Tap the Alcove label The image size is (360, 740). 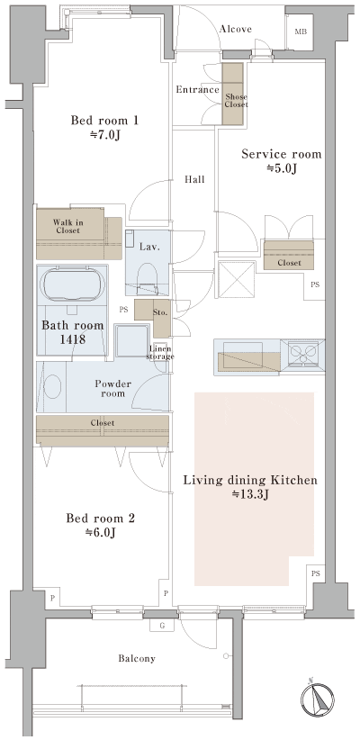click(235, 30)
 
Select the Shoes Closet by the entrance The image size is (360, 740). click(235, 87)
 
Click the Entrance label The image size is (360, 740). click(197, 89)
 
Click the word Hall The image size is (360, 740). click(194, 180)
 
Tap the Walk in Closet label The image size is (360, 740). click(68, 226)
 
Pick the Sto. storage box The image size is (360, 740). click(161, 312)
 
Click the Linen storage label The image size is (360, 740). click(161, 353)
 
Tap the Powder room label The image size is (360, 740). click(113, 389)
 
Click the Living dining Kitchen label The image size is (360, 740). click(249, 487)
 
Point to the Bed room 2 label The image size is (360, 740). click(99, 525)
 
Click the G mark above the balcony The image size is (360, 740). click(162, 625)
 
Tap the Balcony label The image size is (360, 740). click(137, 659)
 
